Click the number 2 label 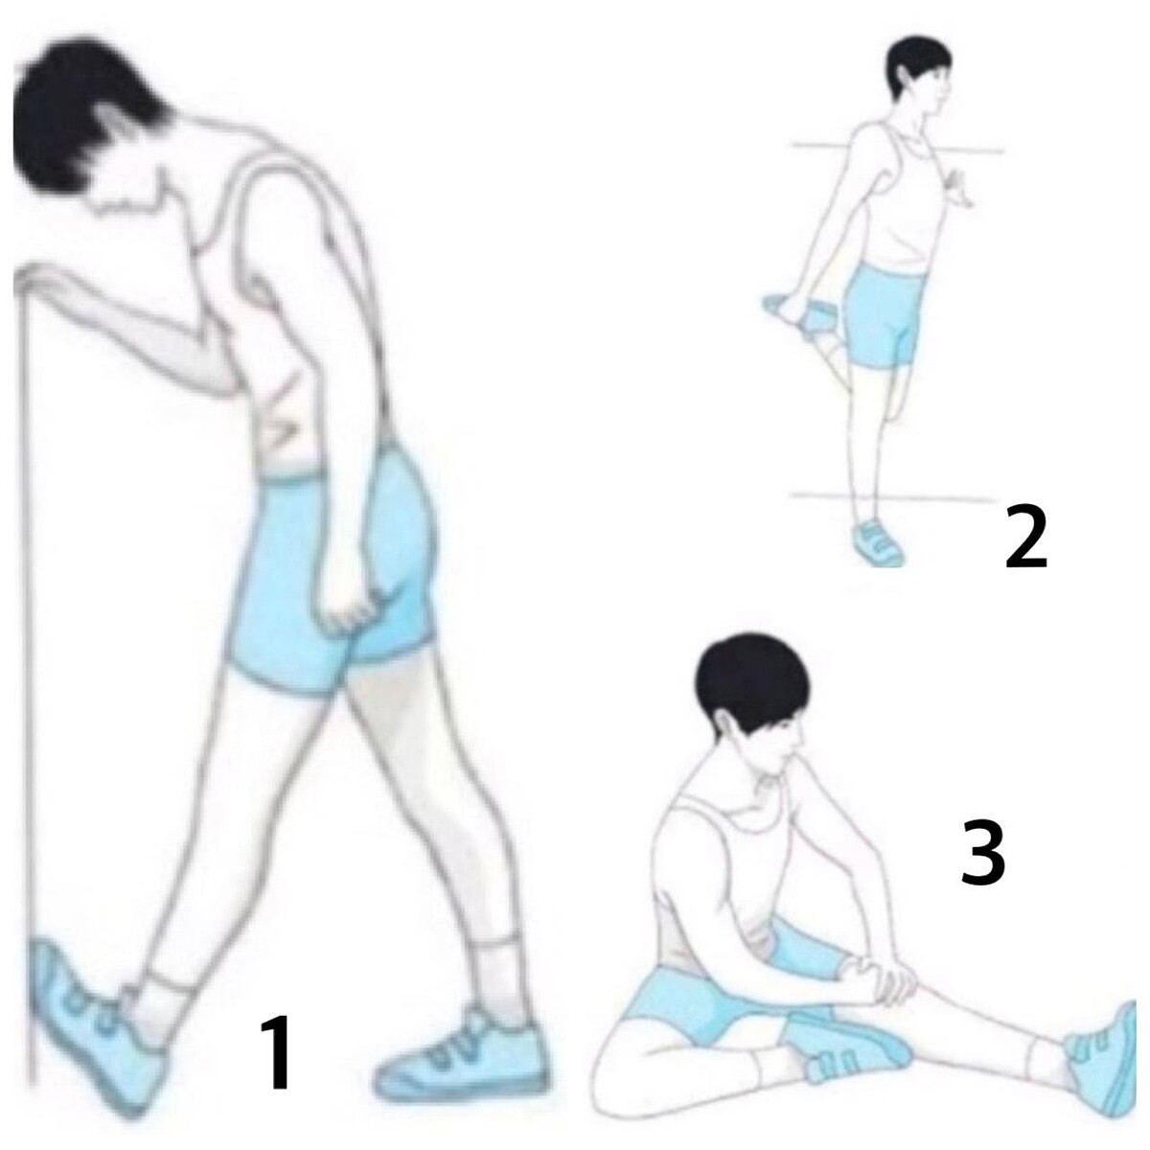[x=1025, y=536]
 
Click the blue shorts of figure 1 [x=334, y=567]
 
